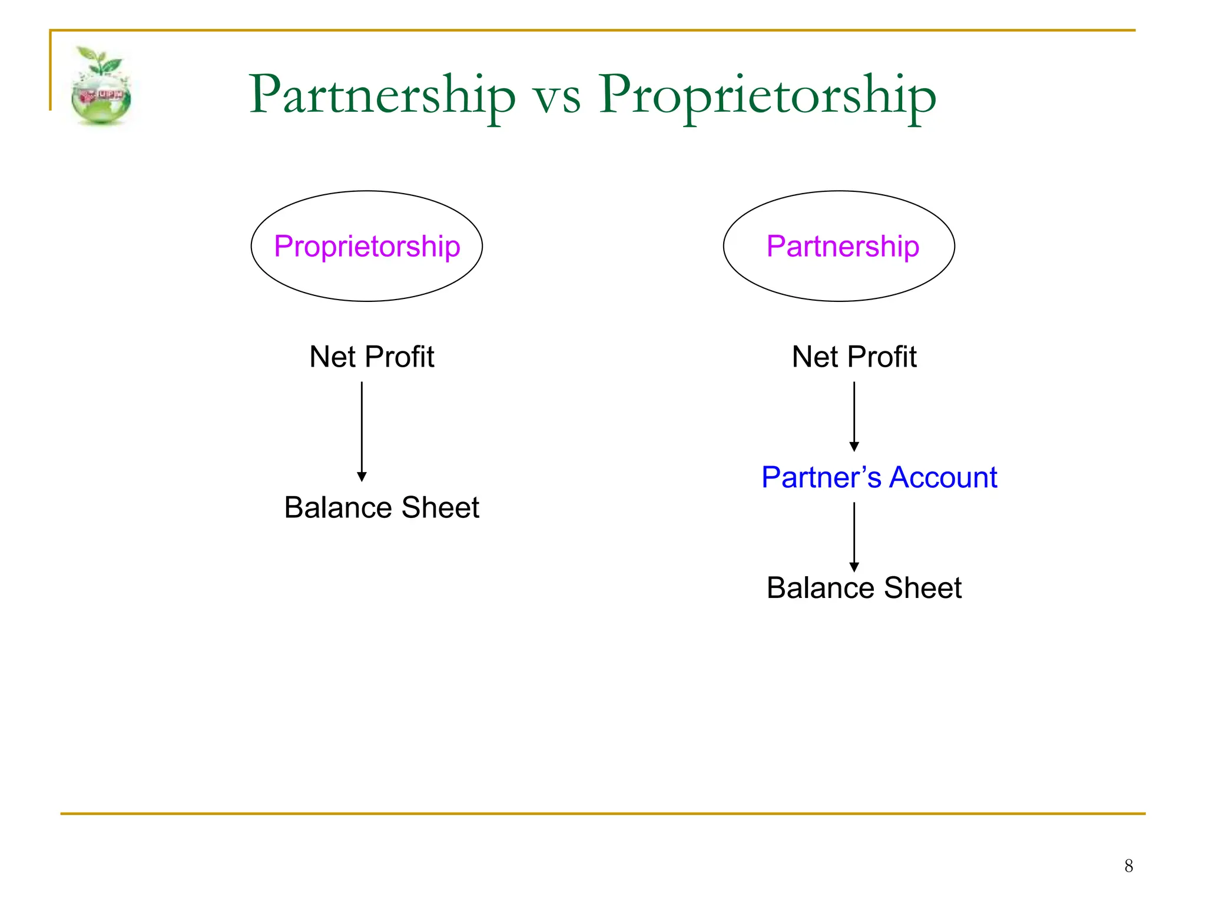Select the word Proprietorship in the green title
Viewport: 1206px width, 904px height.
(x=767, y=95)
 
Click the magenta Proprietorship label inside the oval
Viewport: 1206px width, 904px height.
(x=367, y=246)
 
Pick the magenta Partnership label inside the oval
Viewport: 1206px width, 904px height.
(x=842, y=246)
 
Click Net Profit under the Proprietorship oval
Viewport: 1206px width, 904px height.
(x=372, y=357)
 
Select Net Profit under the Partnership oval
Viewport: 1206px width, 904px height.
(x=854, y=357)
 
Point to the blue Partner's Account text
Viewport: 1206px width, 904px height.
(x=879, y=477)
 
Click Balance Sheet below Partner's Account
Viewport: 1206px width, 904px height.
(x=864, y=588)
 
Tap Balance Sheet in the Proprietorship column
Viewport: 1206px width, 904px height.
(x=382, y=507)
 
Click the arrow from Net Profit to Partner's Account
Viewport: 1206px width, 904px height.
(x=854, y=415)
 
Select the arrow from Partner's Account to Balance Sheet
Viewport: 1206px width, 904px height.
(x=854, y=536)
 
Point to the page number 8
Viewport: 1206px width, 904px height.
(x=1128, y=866)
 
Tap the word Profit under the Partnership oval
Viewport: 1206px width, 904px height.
(x=886, y=357)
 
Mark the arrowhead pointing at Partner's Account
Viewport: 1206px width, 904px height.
(x=854, y=447)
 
